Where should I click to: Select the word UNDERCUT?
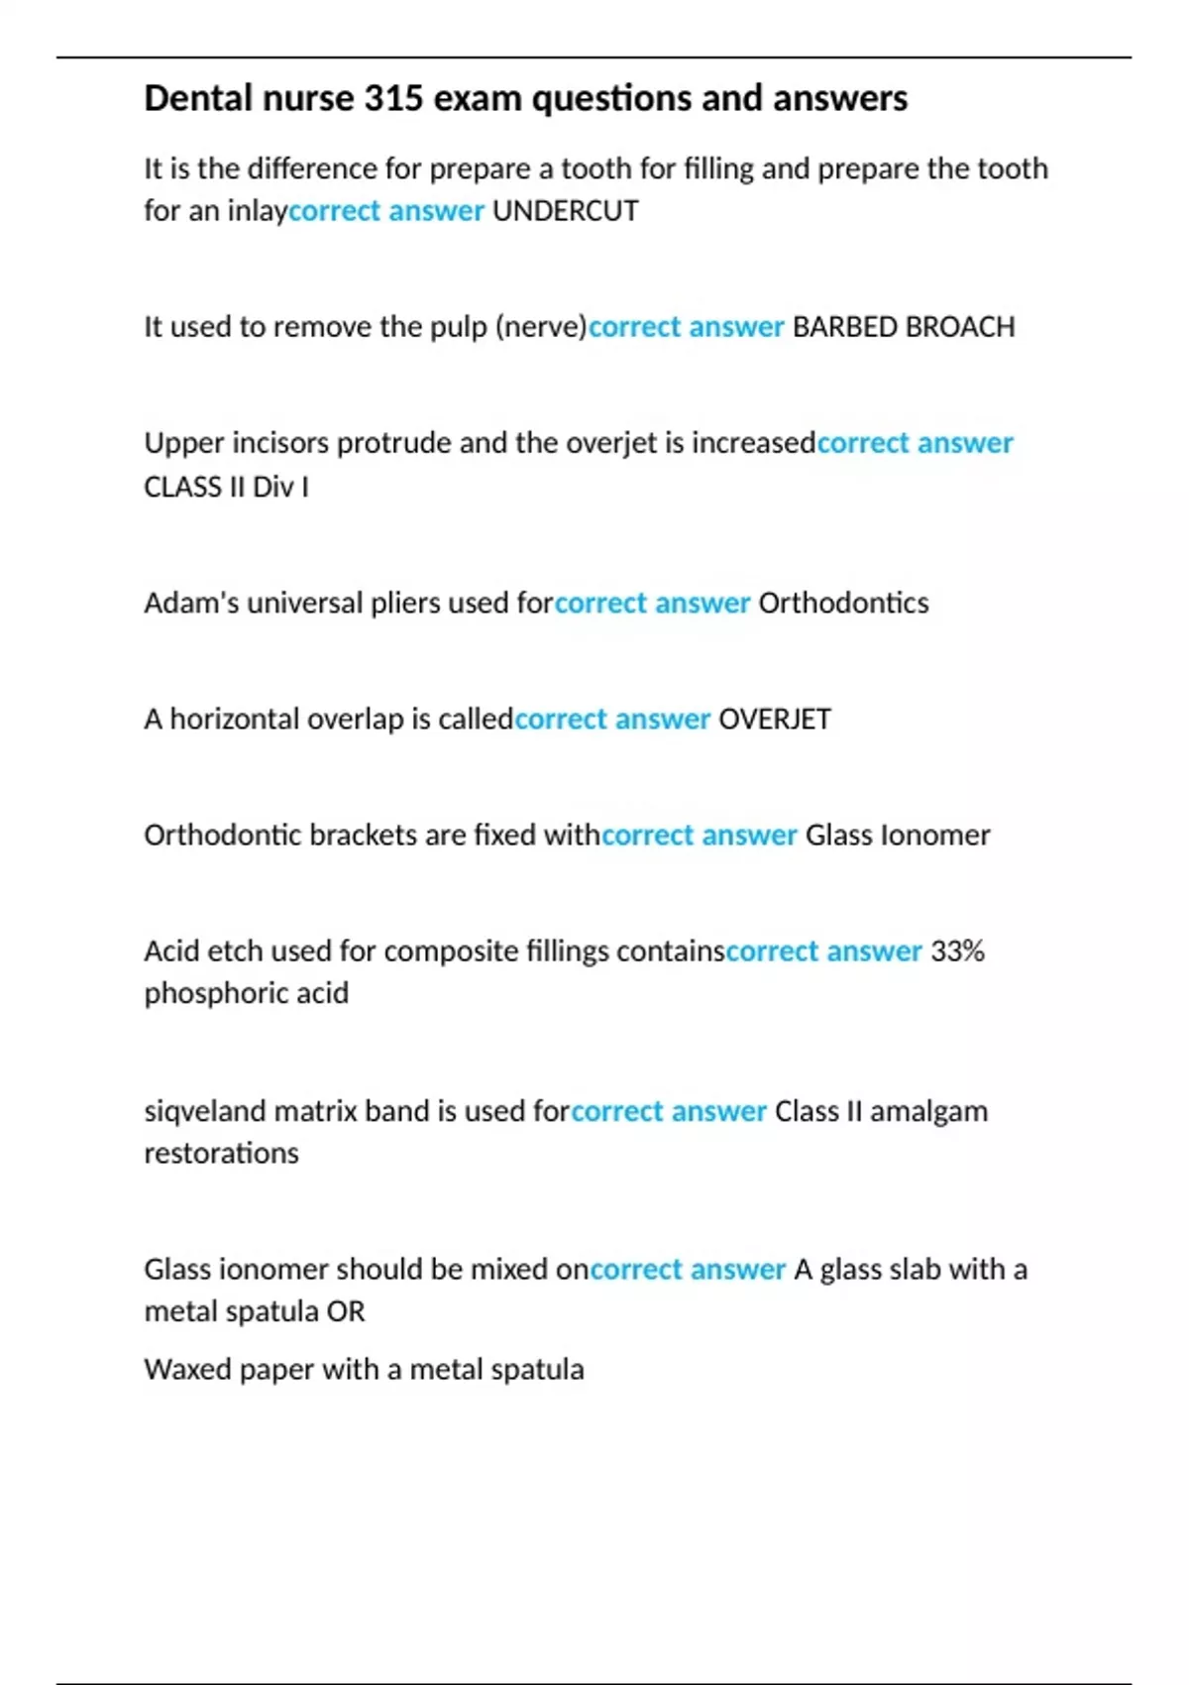pyautogui.click(x=565, y=211)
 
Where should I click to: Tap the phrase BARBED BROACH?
pyautogui.click(x=904, y=327)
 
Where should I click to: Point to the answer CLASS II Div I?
pyautogui.click(x=226, y=487)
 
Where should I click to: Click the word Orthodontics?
pyautogui.click(x=843, y=603)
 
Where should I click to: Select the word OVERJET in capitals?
pyautogui.click(x=774, y=719)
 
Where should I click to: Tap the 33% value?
pyautogui.click(x=957, y=952)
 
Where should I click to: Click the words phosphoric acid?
pyautogui.click(x=246, y=993)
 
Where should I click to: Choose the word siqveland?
pyautogui.click(x=204, y=1111)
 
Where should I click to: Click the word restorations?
pyautogui.click(x=221, y=1153)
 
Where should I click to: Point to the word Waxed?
pyautogui.click(x=179, y=1370)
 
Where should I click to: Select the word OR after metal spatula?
pyautogui.click(x=346, y=1312)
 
